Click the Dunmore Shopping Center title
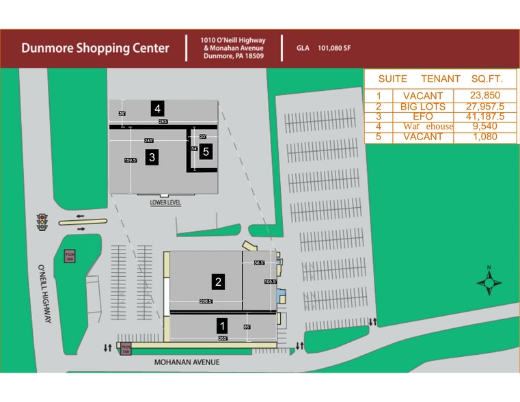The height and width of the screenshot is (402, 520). (95, 49)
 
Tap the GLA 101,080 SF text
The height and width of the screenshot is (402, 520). (323, 49)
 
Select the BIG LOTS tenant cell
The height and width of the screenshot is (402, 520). (422, 107)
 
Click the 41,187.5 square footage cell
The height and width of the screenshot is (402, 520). (486, 117)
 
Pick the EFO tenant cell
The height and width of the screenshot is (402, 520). (422, 117)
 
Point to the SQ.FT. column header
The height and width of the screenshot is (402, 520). (487, 79)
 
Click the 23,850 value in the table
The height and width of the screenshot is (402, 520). (486, 96)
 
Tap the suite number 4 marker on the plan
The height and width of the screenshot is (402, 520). (158, 108)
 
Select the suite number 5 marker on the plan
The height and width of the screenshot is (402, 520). (206, 152)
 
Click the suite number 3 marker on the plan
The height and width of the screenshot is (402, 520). (152, 157)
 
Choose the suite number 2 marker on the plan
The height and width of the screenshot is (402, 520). (218, 281)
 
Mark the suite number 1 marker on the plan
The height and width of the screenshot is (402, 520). (221, 325)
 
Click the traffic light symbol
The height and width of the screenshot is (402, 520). (43, 222)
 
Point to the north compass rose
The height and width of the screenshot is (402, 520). (489, 281)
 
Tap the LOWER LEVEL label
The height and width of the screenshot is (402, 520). (165, 203)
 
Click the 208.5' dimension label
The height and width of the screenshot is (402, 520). (206, 301)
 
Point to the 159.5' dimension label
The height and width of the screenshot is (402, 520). (131, 160)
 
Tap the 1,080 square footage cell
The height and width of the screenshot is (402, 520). (486, 137)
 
